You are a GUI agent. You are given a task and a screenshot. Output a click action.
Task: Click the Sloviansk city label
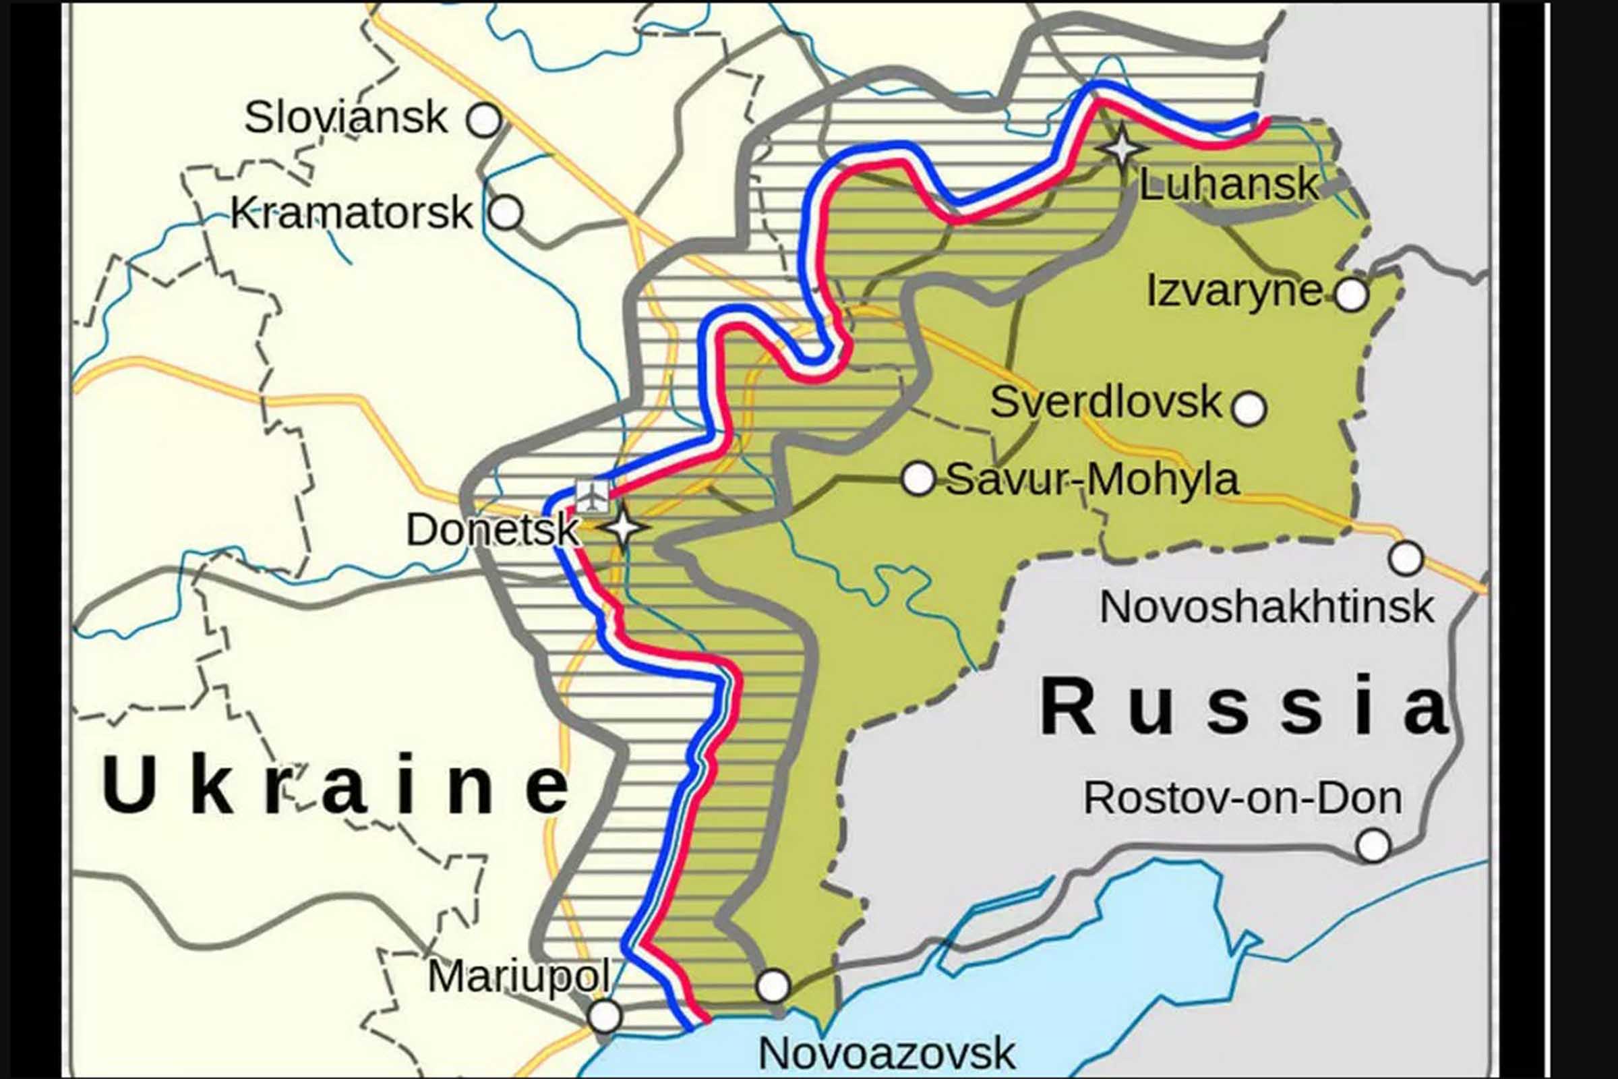click(345, 117)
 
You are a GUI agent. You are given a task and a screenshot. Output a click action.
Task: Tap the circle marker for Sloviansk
click(483, 121)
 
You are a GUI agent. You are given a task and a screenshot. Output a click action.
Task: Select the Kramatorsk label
click(351, 213)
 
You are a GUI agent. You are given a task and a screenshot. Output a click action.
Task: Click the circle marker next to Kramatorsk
click(506, 212)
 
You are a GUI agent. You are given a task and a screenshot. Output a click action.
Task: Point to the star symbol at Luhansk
click(1122, 147)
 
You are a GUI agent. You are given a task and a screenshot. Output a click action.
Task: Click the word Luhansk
click(1228, 184)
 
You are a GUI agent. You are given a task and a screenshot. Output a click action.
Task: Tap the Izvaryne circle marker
click(1351, 295)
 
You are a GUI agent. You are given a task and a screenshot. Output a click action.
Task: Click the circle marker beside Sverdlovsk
click(1249, 409)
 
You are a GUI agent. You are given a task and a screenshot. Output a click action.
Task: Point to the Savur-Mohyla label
click(1092, 479)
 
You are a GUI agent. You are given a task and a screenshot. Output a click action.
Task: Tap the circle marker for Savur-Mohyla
click(918, 478)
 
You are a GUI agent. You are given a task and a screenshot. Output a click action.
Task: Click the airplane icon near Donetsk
click(593, 496)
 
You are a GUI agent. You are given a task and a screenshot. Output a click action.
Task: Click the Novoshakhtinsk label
click(1267, 608)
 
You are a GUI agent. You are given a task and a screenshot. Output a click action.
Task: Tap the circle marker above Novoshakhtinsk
click(1406, 558)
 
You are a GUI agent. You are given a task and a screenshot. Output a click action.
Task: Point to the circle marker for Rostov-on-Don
click(1373, 845)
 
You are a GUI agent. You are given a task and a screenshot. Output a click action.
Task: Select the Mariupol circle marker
click(605, 1016)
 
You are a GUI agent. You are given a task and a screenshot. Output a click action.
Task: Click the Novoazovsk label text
click(886, 1053)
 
